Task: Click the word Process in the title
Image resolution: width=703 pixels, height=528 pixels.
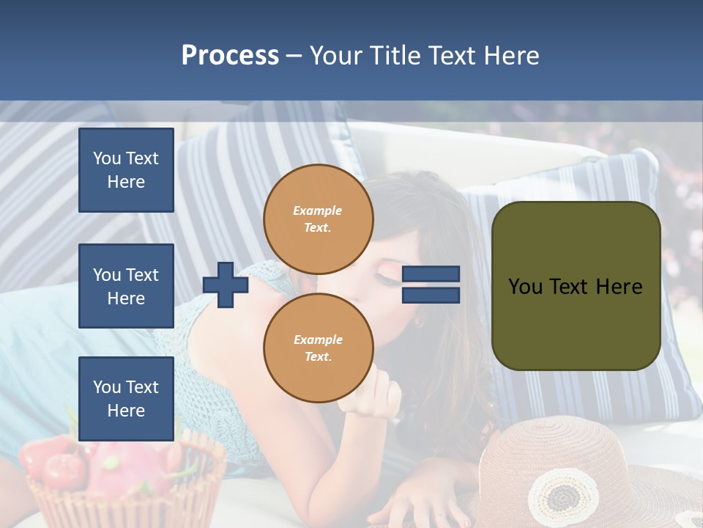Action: pos(230,56)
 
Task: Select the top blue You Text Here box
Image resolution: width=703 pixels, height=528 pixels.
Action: pos(126,170)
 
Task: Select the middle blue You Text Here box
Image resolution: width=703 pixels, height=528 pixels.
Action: pos(126,286)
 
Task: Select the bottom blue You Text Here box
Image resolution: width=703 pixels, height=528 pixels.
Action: pos(126,399)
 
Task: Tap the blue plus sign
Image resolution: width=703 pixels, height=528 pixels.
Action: pos(226,285)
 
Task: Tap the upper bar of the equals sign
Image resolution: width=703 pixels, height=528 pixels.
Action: pos(431,274)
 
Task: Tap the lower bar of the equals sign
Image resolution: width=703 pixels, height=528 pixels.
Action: pos(431,295)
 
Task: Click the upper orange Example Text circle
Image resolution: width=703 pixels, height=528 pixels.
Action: pos(318,219)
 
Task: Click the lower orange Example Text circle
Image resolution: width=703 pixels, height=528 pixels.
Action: pos(318,348)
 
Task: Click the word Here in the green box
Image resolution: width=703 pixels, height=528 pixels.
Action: pos(619,287)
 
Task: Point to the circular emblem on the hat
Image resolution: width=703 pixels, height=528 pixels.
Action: pos(562,497)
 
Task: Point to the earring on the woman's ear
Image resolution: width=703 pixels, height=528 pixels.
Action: pos(418,322)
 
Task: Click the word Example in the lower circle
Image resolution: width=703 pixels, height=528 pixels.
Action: pos(318,340)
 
